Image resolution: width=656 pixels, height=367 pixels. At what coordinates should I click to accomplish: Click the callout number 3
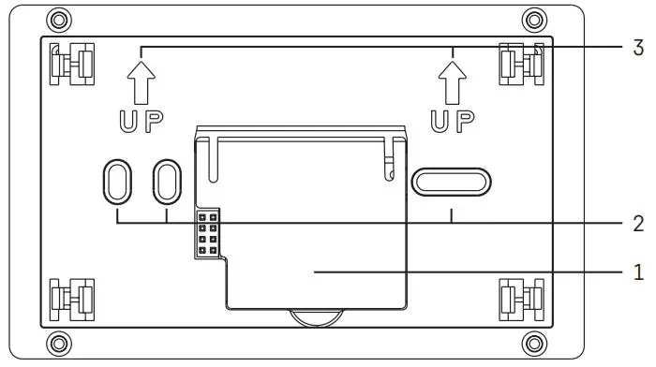[639, 46]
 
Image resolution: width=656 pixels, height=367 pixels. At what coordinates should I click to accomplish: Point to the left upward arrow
[141, 82]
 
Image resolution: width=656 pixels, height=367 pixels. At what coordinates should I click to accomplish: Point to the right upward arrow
[452, 82]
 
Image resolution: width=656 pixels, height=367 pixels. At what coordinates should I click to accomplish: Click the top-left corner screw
[58, 19]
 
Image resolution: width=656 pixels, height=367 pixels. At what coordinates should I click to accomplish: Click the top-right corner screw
[534, 19]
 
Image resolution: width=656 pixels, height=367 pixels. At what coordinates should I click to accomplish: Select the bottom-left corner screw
[58, 340]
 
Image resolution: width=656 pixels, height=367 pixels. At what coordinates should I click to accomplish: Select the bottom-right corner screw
[534, 340]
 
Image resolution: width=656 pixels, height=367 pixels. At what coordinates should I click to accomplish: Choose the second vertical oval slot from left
[167, 179]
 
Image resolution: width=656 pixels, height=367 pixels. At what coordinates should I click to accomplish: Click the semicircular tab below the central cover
[316, 316]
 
